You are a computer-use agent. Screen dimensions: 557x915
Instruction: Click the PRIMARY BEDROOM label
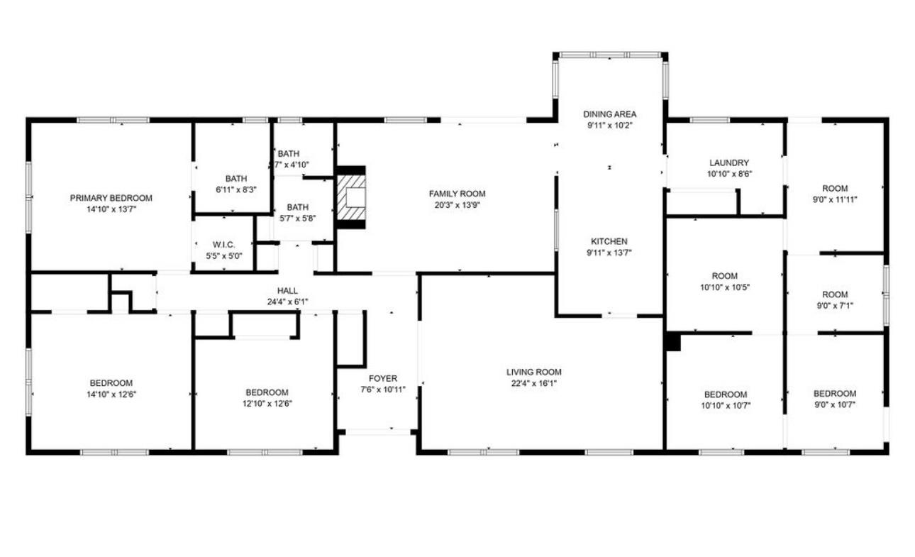[x=111, y=198]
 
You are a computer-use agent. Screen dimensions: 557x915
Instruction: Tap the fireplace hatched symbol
[x=351, y=197]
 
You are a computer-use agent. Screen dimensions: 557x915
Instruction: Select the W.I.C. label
[x=223, y=245]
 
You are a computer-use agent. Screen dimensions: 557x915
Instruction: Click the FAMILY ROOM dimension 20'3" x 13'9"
[x=457, y=205]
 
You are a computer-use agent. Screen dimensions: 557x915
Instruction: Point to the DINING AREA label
[x=610, y=114]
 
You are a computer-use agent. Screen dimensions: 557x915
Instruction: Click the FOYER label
[x=383, y=378]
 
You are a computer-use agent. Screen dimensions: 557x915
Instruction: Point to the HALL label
[x=287, y=290]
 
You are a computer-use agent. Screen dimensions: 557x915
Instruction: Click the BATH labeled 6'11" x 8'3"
[x=236, y=179]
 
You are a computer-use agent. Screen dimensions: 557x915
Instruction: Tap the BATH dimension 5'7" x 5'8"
[x=297, y=219]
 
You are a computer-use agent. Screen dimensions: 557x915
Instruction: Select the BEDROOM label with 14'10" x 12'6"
[x=111, y=383]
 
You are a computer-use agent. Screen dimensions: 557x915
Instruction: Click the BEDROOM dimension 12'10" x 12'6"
[x=267, y=404]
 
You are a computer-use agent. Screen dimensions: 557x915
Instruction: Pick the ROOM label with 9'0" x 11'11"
[x=835, y=188]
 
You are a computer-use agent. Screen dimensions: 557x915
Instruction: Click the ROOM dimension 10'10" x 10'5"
[x=724, y=287]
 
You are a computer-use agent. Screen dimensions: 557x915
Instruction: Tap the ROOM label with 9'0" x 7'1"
[x=835, y=294]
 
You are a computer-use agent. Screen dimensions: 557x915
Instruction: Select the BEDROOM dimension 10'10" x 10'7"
[x=725, y=406]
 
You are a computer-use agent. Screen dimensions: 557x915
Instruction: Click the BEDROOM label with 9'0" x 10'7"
[x=835, y=394]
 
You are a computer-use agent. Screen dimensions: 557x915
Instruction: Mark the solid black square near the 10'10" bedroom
[x=673, y=343]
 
